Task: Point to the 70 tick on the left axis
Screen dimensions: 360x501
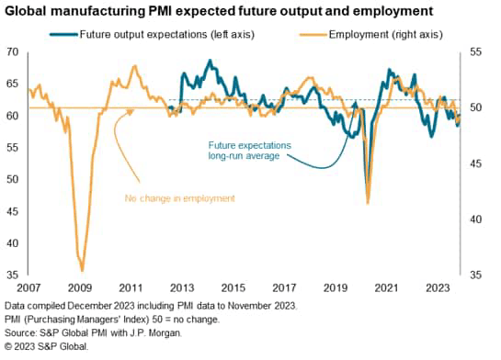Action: pos(13,52)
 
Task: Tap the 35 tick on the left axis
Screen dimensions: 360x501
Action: pos(13,275)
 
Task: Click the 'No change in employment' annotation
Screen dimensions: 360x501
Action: pos(179,197)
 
